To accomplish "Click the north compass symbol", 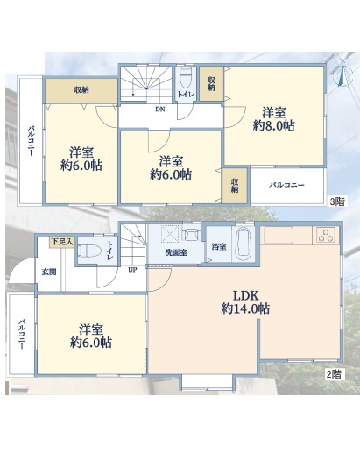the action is (x=344, y=73).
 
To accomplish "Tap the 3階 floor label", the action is (x=337, y=202).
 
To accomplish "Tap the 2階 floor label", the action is (x=334, y=374).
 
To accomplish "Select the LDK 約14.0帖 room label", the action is (x=245, y=302).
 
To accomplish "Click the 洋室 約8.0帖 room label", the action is (x=273, y=119).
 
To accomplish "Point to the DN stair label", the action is (x=159, y=110).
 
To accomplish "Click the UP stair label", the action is (x=132, y=270).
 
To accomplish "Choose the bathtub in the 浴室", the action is (x=243, y=245).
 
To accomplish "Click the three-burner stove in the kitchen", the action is (x=326, y=236).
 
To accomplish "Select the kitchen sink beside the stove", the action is (x=279, y=236).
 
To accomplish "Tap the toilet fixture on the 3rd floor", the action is (x=185, y=77).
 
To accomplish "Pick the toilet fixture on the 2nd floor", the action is (x=89, y=251).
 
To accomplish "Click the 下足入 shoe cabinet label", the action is (x=62, y=242).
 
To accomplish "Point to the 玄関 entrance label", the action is (x=49, y=273).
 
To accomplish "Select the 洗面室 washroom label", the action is (x=176, y=253).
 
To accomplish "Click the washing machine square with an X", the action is (x=170, y=234).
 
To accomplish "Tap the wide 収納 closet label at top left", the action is (x=81, y=90).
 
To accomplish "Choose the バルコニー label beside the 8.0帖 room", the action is (x=286, y=185).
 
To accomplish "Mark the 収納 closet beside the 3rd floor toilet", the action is (x=212, y=84).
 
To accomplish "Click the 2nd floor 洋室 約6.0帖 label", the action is (x=91, y=336).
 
